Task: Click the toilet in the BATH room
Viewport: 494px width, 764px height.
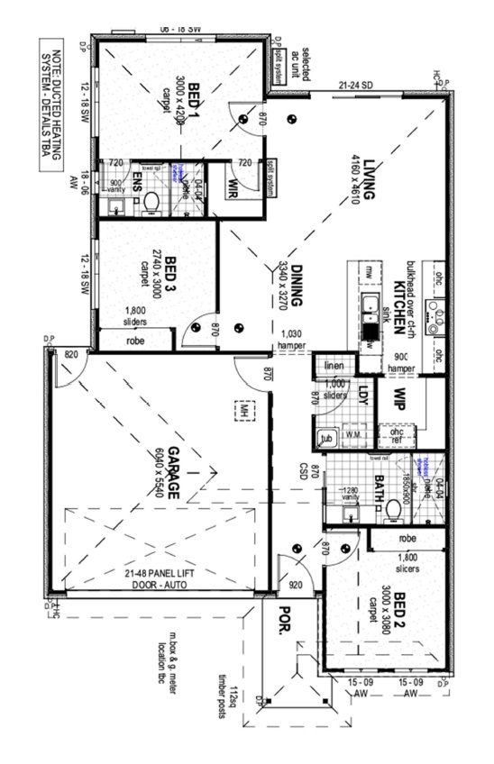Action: pyautogui.click(x=392, y=509)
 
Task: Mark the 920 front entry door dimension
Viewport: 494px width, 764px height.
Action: pyautogui.click(x=295, y=584)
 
